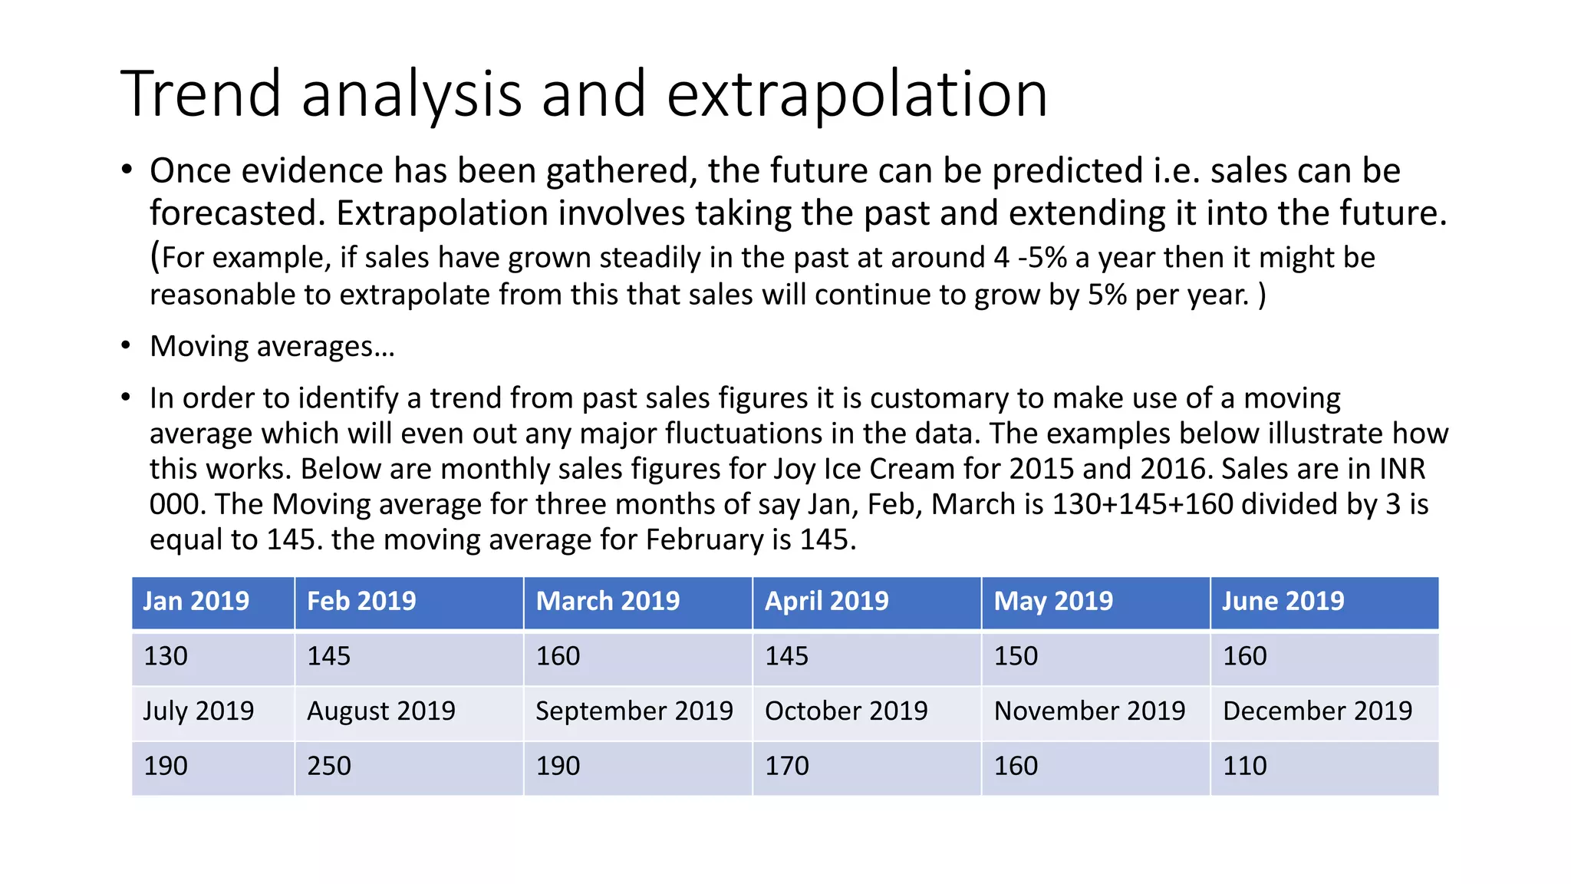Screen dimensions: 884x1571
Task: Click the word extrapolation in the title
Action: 857,94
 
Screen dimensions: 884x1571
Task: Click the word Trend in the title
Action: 202,94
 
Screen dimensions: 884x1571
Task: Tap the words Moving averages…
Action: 272,347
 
